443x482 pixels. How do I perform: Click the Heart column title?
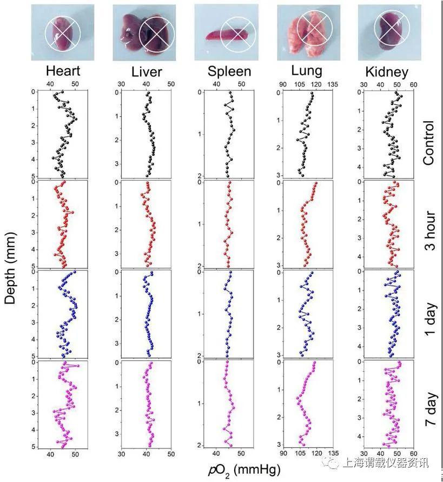(63, 71)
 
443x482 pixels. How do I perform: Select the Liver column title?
(147, 72)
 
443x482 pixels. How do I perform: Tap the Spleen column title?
(229, 72)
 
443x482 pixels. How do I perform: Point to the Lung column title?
(307, 71)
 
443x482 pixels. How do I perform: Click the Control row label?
(428, 144)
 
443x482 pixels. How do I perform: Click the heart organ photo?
(63, 31)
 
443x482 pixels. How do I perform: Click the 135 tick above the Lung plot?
(333, 84)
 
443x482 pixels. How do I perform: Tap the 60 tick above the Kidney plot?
(413, 84)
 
